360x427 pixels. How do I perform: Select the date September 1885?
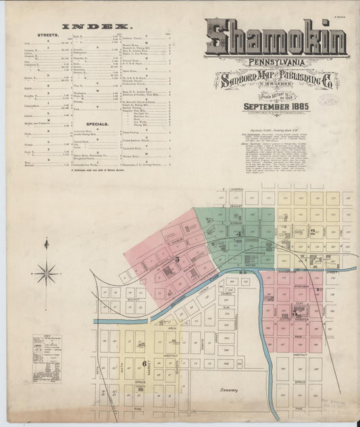276,105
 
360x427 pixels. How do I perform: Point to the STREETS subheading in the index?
47,33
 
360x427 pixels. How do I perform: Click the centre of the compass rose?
46,274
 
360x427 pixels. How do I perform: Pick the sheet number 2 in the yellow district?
313,232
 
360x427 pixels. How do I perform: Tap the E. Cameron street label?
236,190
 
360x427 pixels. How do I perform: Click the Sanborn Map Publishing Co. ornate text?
276,81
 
